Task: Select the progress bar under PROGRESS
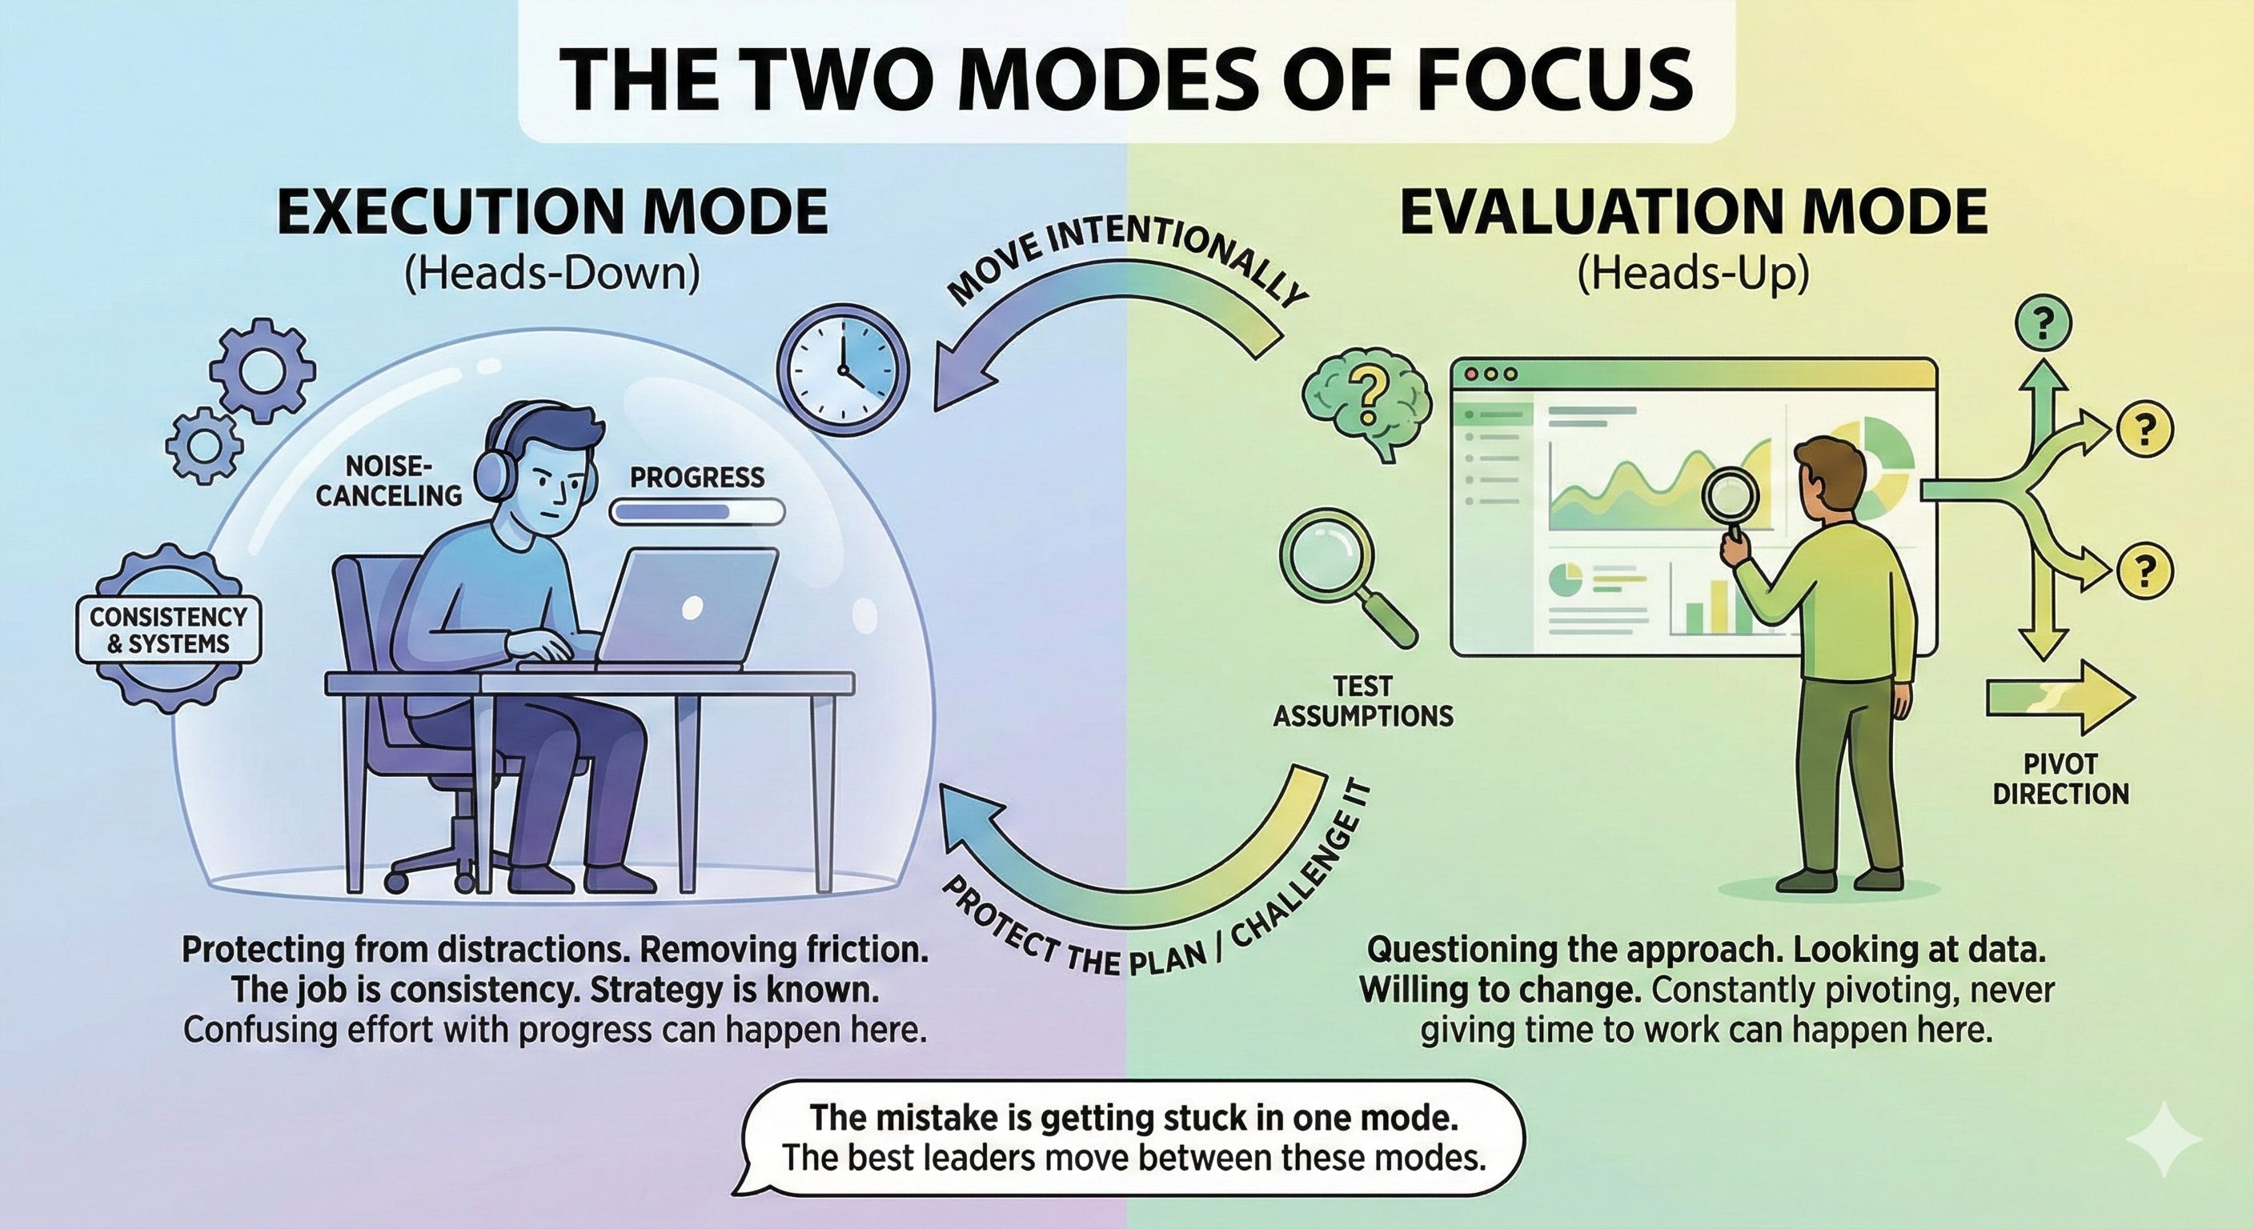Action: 697,513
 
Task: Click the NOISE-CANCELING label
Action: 389,481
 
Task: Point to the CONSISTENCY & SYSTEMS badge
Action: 169,630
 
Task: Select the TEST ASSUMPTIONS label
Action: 1362,701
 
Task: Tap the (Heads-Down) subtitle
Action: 553,274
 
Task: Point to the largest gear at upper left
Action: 259,369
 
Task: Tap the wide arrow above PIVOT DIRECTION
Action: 2060,698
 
